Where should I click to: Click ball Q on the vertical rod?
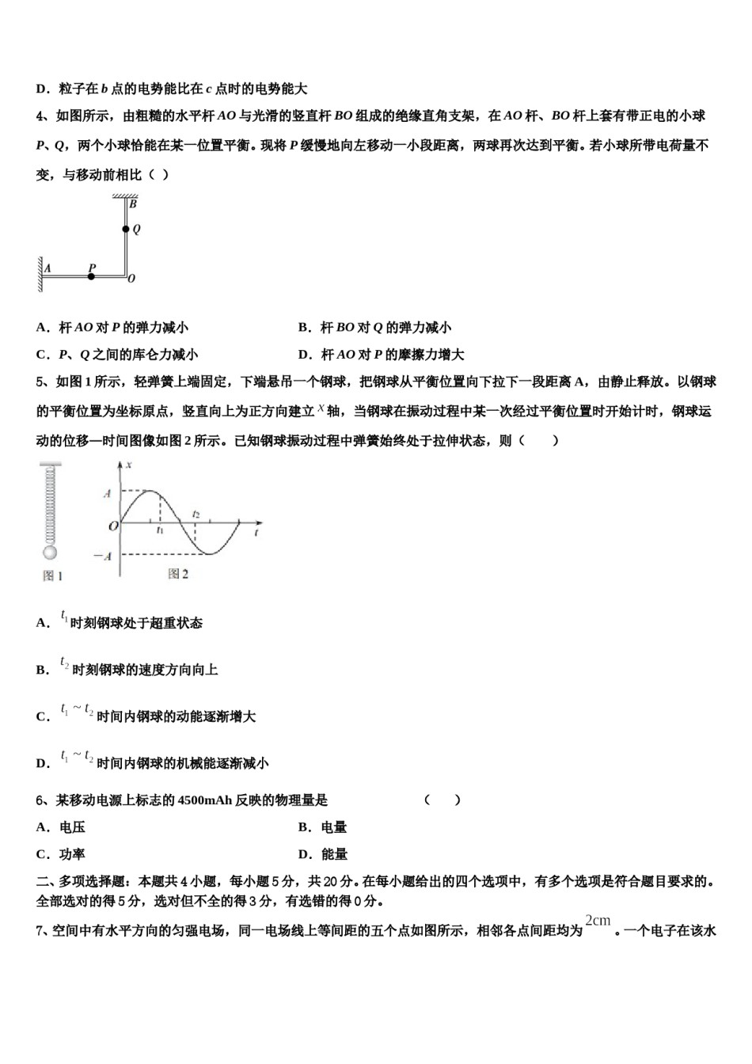(x=125, y=230)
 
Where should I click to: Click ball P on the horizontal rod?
(x=91, y=276)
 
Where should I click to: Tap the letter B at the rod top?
(x=133, y=204)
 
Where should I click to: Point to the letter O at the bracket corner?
(x=131, y=279)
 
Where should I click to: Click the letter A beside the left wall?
(x=47, y=268)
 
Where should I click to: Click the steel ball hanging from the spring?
(x=50, y=553)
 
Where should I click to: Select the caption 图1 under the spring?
(x=52, y=576)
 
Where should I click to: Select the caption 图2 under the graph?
(x=178, y=574)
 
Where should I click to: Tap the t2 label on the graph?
(x=196, y=515)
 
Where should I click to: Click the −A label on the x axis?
(x=102, y=556)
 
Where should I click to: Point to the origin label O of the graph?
(x=113, y=525)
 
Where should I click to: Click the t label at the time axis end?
(x=258, y=534)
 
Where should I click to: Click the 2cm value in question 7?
(x=598, y=920)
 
